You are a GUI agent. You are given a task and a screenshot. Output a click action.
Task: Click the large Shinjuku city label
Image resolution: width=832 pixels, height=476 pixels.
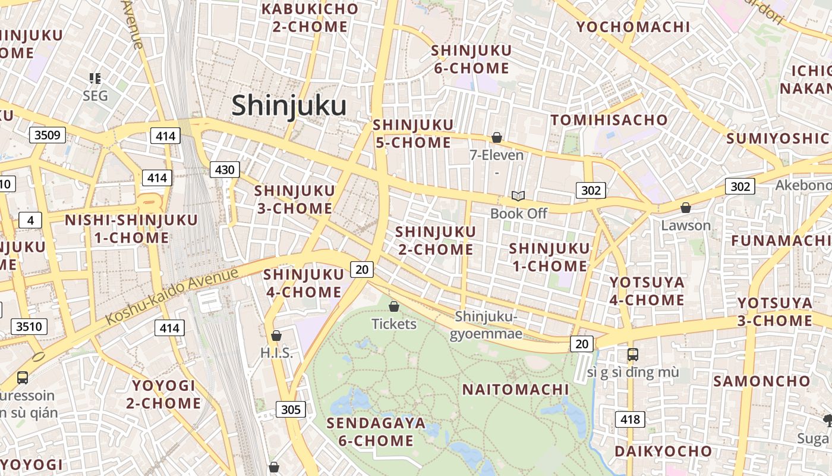tap(289, 106)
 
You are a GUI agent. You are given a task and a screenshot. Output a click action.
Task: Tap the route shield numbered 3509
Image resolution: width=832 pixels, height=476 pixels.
tap(48, 135)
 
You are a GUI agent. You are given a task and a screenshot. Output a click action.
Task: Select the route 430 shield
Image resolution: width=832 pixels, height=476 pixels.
tap(225, 170)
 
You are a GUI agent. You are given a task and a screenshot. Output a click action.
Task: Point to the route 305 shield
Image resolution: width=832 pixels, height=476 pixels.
tap(291, 409)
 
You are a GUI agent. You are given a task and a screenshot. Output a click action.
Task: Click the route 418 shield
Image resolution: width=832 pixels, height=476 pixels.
tap(630, 419)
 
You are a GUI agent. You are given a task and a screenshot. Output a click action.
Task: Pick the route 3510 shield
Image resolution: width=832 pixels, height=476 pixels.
tap(29, 327)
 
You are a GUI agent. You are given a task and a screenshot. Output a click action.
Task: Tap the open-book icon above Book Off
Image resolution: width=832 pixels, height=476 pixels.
tap(518, 196)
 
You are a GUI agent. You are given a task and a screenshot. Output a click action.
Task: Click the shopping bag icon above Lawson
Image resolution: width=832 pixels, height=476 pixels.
tap(686, 208)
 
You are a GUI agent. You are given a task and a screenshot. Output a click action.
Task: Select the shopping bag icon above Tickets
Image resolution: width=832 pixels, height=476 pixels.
tap(393, 306)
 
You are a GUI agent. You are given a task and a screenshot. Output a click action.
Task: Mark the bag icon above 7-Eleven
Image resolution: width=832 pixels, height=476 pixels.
tap(497, 138)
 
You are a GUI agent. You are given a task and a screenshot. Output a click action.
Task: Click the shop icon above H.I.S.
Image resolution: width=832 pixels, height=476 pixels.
tap(276, 336)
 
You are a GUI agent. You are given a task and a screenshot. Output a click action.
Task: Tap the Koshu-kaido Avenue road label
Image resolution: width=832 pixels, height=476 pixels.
tap(172, 296)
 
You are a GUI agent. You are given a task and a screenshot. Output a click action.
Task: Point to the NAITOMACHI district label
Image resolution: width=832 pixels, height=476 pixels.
tap(515, 390)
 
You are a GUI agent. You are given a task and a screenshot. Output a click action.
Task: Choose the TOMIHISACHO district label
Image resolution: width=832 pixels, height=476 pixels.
tap(609, 120)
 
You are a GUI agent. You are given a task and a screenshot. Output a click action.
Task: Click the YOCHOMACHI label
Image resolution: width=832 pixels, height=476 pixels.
tap(633, 27)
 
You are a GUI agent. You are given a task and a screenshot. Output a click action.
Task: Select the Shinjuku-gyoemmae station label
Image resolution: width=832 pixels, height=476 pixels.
tap(486, 325)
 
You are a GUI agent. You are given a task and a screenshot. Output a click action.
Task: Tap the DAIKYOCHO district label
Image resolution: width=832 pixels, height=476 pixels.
tap(663, 451)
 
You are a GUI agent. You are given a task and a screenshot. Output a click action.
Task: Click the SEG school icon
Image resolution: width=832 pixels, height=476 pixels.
tap(95, 78)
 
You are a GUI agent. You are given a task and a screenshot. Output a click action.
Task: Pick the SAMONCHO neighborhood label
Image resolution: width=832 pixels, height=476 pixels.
tap(761, 381)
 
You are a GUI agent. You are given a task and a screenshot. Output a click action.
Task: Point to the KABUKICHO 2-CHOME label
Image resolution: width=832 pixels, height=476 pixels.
tap(310, 18)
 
